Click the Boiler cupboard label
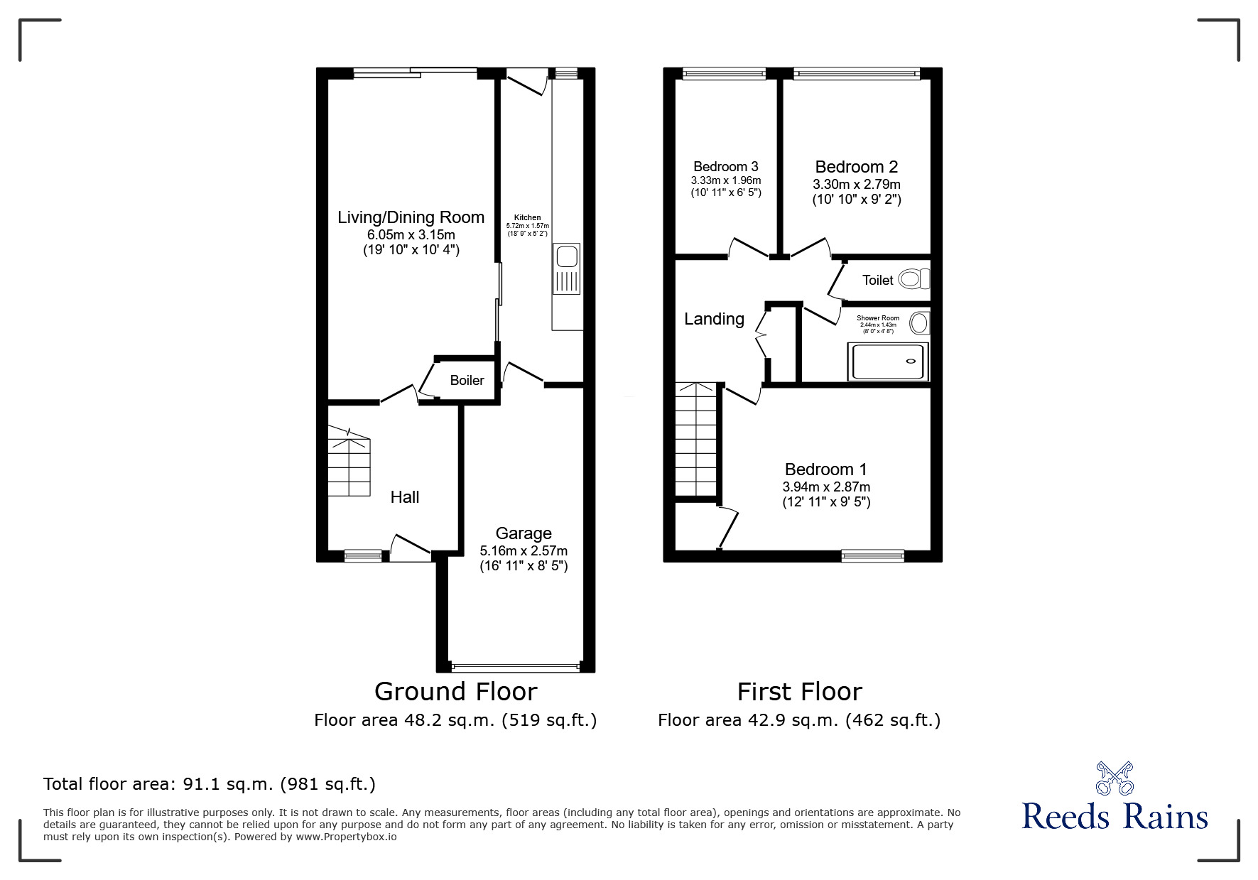tap(467, 381)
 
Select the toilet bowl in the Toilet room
tap(913, 279)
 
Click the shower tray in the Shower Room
tap(888, 362)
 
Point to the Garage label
tap(524, 533)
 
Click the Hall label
tap(405, 497)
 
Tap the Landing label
tap(714, 320)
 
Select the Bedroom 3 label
tap(726, 167)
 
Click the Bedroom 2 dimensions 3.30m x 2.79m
tap(857, 185)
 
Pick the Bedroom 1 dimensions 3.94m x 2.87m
tap(826, 487)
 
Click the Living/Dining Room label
tap(411, 217)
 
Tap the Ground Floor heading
tap(455, 691)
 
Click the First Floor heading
tap(799, 691)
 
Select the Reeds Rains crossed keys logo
tap(1115, 778)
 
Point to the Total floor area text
tap(210, 784)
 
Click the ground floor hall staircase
tap(349, 463)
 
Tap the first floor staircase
tap(696, 440)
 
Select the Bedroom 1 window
tap(872, 556)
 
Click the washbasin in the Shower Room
tap(919, 324)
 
